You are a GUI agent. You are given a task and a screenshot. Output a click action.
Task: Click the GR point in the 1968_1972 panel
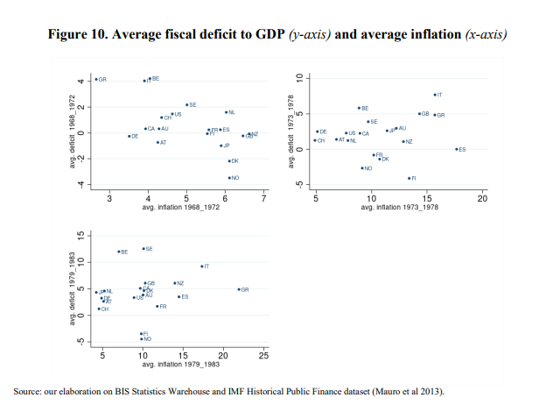tap(96, 79)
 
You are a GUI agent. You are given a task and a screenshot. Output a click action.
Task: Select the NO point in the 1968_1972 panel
tap(229, 177)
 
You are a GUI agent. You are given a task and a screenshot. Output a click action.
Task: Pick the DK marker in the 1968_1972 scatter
tap(229, 160)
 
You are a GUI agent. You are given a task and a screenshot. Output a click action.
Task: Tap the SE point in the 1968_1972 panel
tap(186, 104)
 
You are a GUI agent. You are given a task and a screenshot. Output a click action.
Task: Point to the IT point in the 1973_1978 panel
tap(435, 94)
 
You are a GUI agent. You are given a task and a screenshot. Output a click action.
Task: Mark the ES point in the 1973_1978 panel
tap(456, 149)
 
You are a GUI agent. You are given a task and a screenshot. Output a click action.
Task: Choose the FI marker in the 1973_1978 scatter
tap(409, 178)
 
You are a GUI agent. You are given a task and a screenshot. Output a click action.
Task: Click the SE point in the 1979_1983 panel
tap(143, 248)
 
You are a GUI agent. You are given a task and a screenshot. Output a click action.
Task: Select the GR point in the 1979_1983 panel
tap(238, 289)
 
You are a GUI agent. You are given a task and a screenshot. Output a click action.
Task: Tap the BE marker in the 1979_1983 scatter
tap(119, 252)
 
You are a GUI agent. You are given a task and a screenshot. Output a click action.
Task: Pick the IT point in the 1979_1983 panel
tap(201, 266)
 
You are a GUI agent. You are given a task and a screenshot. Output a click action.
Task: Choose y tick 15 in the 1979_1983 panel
tap(80, 237)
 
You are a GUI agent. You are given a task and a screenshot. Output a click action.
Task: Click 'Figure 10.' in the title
tap(73, 35)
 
